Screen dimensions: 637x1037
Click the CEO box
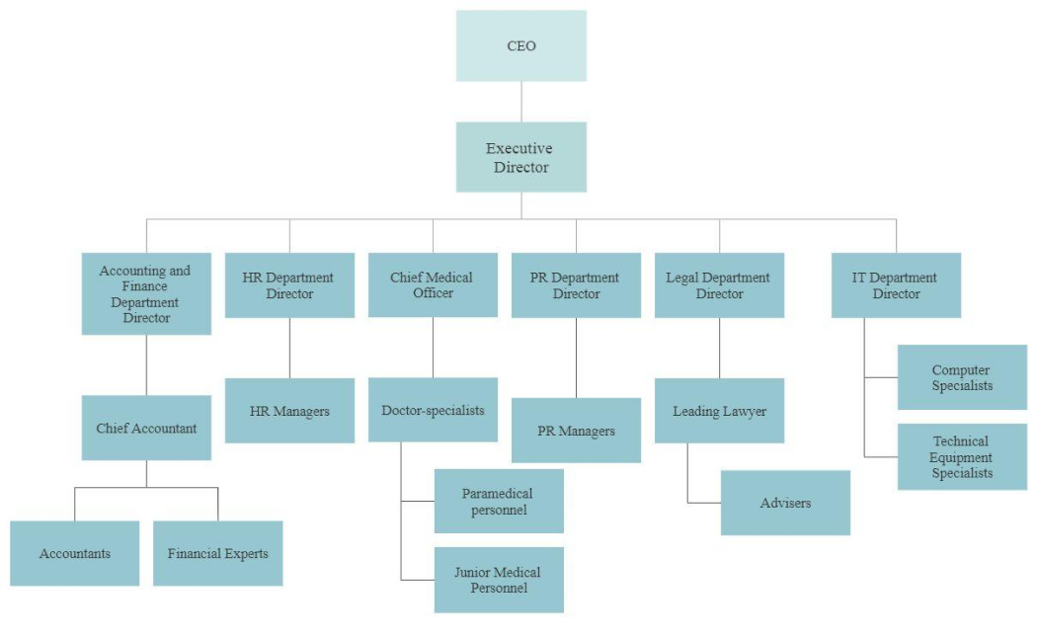(x=520, y=45)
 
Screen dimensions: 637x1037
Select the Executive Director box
(x=520, y=157)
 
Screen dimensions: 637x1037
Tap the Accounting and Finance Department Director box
(x=146, y=293)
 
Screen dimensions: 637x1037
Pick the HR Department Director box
(x=289, y=285)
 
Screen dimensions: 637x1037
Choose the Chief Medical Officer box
(x=433, y=285)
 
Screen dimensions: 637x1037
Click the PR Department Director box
(x=576, y=285)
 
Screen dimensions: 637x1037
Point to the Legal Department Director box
(x=719, y=285)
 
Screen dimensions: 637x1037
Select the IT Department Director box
(x=896, y=285)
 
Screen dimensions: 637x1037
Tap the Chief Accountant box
(x=146, y=428)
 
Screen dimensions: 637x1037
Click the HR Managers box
(x=289, y=410)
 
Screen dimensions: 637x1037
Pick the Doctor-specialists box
(x=433, y=410)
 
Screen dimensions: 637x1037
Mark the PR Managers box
(x=576, y=431)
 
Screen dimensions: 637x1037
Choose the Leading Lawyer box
(x=719, y=410)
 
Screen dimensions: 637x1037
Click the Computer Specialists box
(x=962, y=377)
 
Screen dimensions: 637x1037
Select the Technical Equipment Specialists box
(x=962, y=456)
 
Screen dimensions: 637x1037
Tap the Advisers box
(x=785, y=503)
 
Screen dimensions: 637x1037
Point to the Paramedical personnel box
(x=499, y=501)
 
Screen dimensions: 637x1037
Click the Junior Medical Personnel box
(x=499, y=580)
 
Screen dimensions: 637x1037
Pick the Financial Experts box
(x=217, y=553)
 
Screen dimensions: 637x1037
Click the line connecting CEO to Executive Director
(x=521, y=102)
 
